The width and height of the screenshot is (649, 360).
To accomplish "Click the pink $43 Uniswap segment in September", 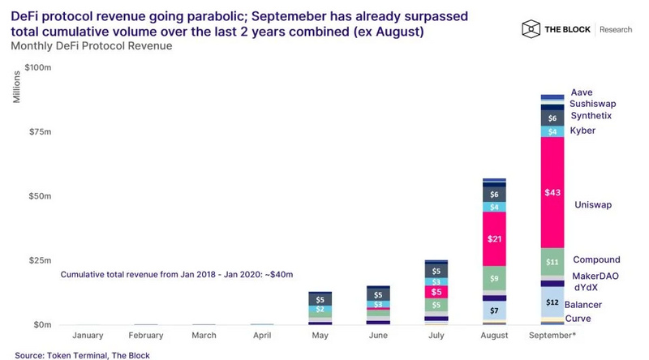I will [552, 192].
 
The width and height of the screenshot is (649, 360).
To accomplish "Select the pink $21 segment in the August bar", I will [494, 239].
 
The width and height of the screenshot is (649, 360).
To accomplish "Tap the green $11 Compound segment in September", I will [552, 262].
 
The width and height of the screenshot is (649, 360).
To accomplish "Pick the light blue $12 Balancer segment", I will [552, 302].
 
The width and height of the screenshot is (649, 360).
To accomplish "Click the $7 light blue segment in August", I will [494, 311].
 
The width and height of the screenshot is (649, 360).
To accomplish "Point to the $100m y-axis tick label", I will [37, 68].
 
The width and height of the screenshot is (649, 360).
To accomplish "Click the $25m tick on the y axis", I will [40, 261].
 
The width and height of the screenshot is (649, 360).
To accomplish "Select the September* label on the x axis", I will [552, 335].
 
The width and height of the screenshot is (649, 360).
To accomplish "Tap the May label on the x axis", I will [320, 335].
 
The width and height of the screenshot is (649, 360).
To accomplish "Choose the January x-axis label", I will [88, 335].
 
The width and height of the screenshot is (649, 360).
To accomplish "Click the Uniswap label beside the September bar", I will [592, 205].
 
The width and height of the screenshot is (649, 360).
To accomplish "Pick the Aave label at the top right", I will [581, 92].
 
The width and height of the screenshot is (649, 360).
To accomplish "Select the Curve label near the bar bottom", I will [578, 319].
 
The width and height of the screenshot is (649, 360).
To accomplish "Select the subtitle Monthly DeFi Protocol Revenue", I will [91, 45].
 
